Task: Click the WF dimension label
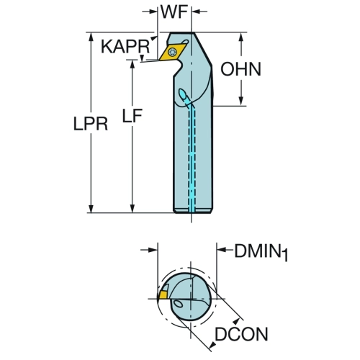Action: [x=174, y=12]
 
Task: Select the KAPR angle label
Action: [x=125, y=47]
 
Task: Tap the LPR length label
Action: [x=91, y=125]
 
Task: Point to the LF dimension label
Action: [x=132, y=116]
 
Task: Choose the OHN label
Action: [x=240, y=69]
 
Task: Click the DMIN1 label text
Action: [x=261, y=253]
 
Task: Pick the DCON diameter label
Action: [x=241, y=334]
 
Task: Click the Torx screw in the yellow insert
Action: [x=172, y=52]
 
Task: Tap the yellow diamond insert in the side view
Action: [x=173, y=52]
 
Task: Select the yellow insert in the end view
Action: [x=163, y=294]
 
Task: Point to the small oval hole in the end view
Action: [x=178, y=304]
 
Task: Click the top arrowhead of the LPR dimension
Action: [x=91, y=37]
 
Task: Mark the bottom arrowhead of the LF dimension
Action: [x=132, y=208]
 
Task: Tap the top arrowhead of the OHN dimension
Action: [x=241, y=37]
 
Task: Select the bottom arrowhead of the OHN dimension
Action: [x=241, y=101]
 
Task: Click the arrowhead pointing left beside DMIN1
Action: [x=222, y=250]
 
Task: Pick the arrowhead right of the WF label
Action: [x=196, y=11]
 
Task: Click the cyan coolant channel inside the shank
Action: [x=192, y=157]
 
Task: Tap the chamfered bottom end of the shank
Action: [x=193, y=210]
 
